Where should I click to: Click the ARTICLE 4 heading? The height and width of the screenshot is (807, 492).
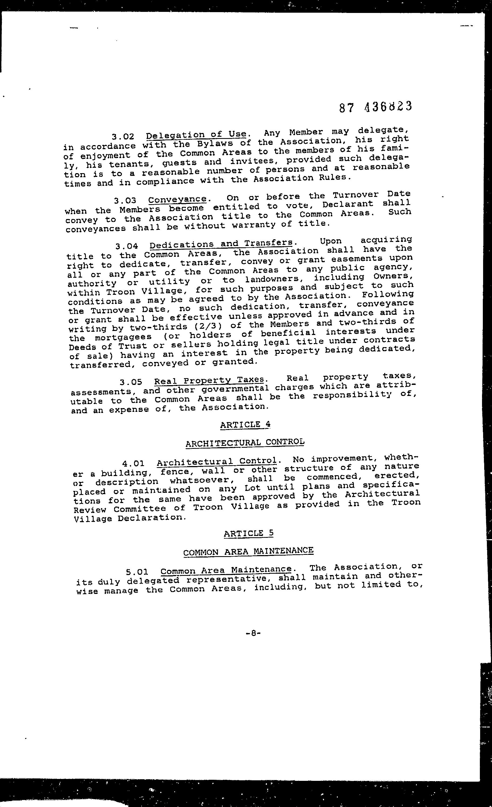245,425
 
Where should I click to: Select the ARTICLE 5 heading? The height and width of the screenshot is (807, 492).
249,534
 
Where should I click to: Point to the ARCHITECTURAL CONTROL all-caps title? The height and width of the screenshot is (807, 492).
245,443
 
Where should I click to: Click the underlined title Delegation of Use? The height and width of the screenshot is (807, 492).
196,134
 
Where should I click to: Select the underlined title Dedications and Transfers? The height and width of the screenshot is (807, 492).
221,244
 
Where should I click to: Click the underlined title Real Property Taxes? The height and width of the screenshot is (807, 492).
209,380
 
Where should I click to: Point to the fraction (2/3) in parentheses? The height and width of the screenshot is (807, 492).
208,326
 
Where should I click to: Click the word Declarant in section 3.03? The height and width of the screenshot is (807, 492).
348,204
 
